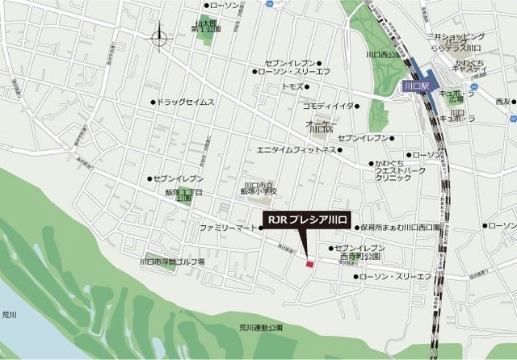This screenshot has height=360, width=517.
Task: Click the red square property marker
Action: tap(308, 262)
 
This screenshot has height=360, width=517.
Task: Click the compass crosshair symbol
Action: tap(159, 36)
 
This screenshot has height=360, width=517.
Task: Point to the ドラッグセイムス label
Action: tap(187, 103)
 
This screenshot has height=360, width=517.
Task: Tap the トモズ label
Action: tap(292, 86)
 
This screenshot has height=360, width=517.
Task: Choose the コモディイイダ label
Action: tap(328, 106)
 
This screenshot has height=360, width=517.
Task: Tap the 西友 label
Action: tap(502, 101)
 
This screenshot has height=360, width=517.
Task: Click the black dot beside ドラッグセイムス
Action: tap(153, 103)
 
